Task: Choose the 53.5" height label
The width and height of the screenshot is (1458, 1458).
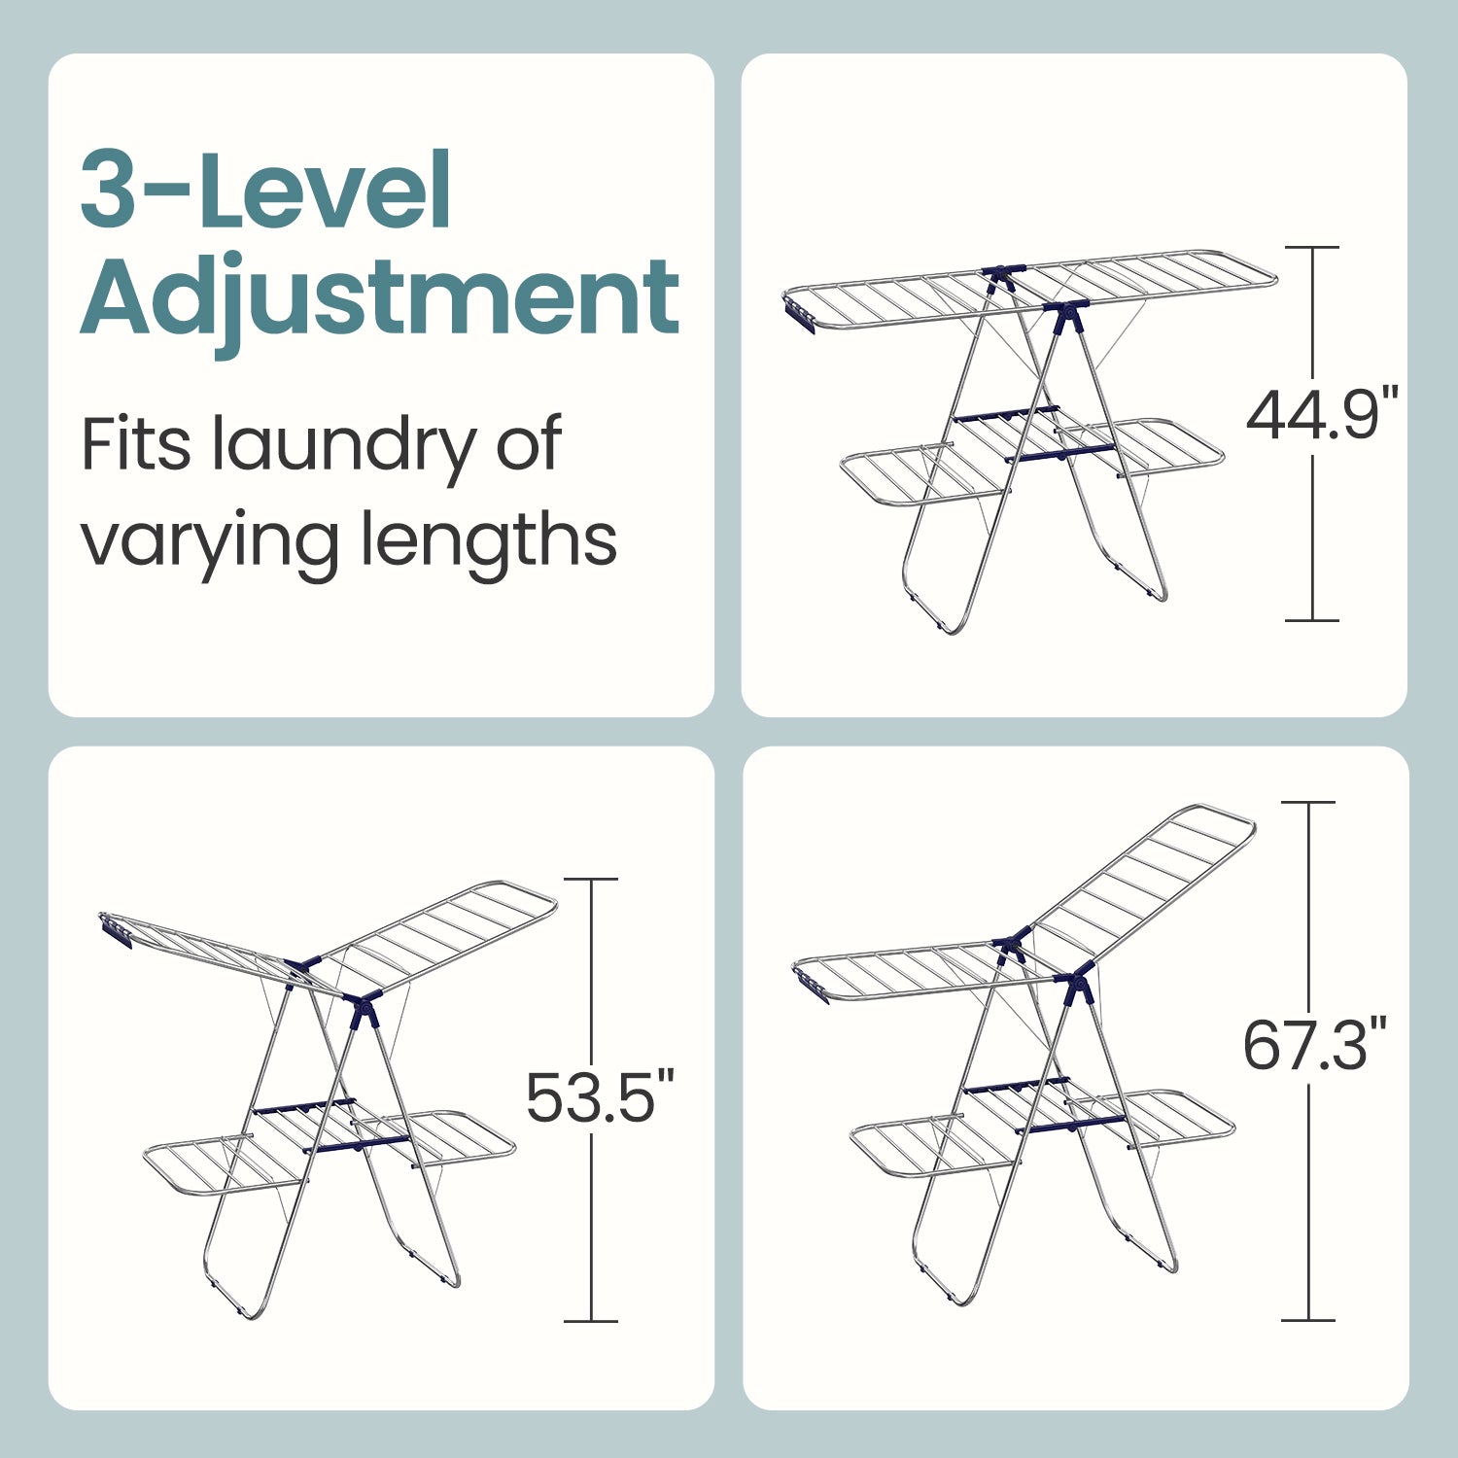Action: click(600, 1096)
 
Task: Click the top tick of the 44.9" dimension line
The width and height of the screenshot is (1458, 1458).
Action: click(1312, 248)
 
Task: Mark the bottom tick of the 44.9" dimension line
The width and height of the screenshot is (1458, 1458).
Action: click(1312, 620)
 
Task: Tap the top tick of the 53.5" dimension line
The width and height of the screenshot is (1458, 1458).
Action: click(591, 879)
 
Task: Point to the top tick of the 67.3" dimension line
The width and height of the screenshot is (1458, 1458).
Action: click(1308, 802)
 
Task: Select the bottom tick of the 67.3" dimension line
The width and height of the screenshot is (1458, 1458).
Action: click(1308, 1320)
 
